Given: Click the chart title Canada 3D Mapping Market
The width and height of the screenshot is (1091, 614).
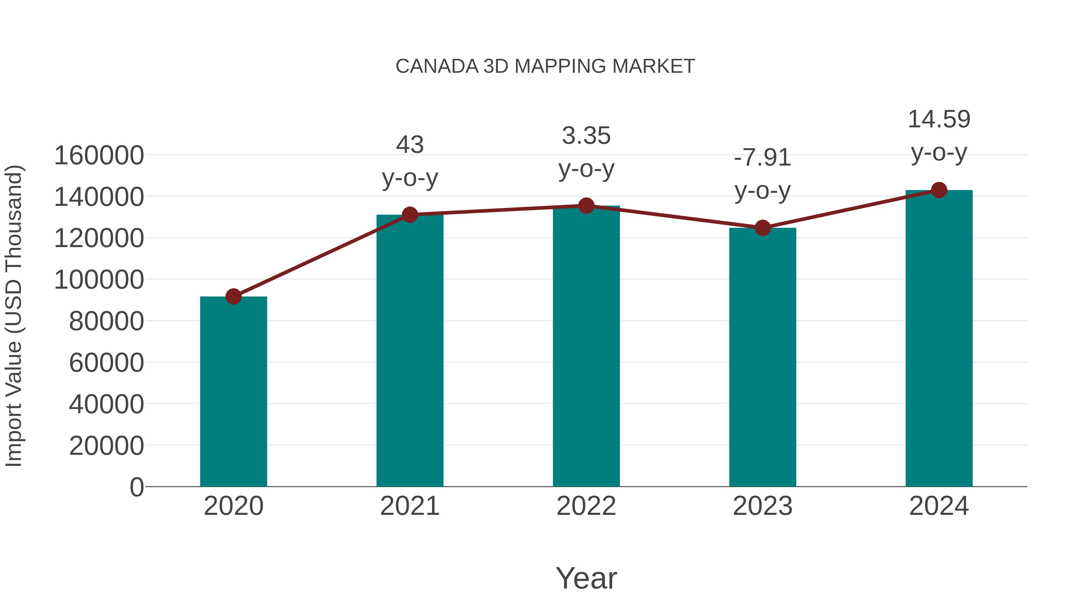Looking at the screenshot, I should tap(545, 66).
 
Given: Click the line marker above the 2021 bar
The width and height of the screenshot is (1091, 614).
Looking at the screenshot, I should tap(409, 215).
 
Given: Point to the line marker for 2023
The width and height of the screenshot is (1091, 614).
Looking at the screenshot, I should tap(762, 228).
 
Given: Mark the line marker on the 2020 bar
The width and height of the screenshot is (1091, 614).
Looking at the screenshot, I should tap(233, 297).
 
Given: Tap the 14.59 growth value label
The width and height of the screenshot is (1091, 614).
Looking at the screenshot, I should tap(939, 119).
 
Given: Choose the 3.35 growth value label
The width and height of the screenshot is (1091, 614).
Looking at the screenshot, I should tap(586, 136).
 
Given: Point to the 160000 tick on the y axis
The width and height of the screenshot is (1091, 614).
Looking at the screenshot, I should tap(99, 156).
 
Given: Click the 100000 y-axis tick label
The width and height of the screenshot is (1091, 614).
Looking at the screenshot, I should tap(99, 280).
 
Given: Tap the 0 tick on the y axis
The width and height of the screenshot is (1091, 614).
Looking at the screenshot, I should tap(136, 487).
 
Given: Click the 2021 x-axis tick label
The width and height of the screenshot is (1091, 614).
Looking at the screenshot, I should tap(409, 506).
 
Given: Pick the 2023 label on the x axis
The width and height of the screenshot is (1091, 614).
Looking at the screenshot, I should tap(762, 506).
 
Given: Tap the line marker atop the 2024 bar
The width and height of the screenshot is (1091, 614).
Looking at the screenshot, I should tap(939, 190).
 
